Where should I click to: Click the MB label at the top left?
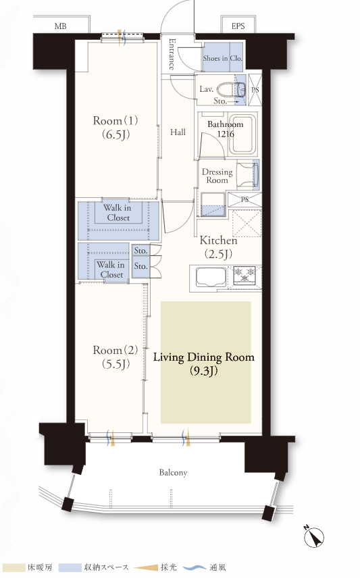[x=60, y=26]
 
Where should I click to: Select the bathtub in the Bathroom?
[x=242, y=134]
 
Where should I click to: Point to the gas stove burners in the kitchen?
[x=245, y=276]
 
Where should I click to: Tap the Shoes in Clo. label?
[x=223, y=58]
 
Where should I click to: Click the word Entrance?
[x=172, y=54]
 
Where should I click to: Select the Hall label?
[x=178, y=132]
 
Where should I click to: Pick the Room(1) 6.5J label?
[x=115, y=127]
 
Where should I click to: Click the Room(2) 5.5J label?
[x=115, y=357]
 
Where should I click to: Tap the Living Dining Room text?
[x=204, y=357]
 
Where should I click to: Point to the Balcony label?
[x=173, y=472]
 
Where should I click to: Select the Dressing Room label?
[x=217, y=176]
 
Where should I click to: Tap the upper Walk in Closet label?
[x=117, y=213]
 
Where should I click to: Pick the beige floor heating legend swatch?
[x=13, y=567]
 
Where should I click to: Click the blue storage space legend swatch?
[x=70, y=567]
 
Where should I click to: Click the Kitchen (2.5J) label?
[x=218, y=247]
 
